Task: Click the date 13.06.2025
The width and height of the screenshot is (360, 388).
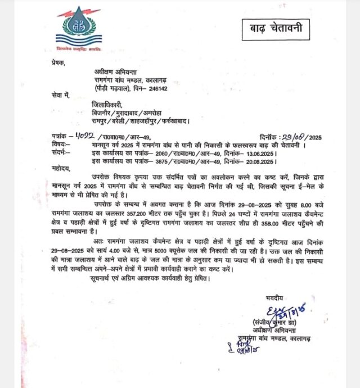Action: (262, 152)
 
